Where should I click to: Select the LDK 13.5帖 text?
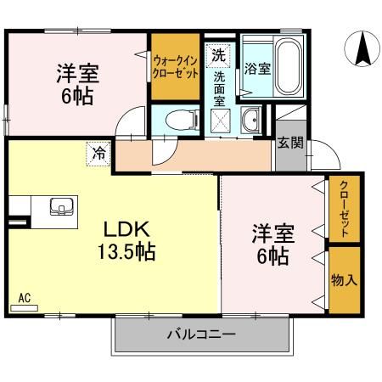point(127,240)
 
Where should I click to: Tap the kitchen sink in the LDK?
point(62,205)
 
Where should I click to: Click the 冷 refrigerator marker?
point(99,154)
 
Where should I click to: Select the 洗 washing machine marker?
point(218,56)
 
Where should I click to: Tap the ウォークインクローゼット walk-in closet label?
point(176,66)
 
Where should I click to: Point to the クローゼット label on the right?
point(344,209)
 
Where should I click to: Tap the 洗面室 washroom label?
point(220,87)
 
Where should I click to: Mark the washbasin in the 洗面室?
point(251,121)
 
